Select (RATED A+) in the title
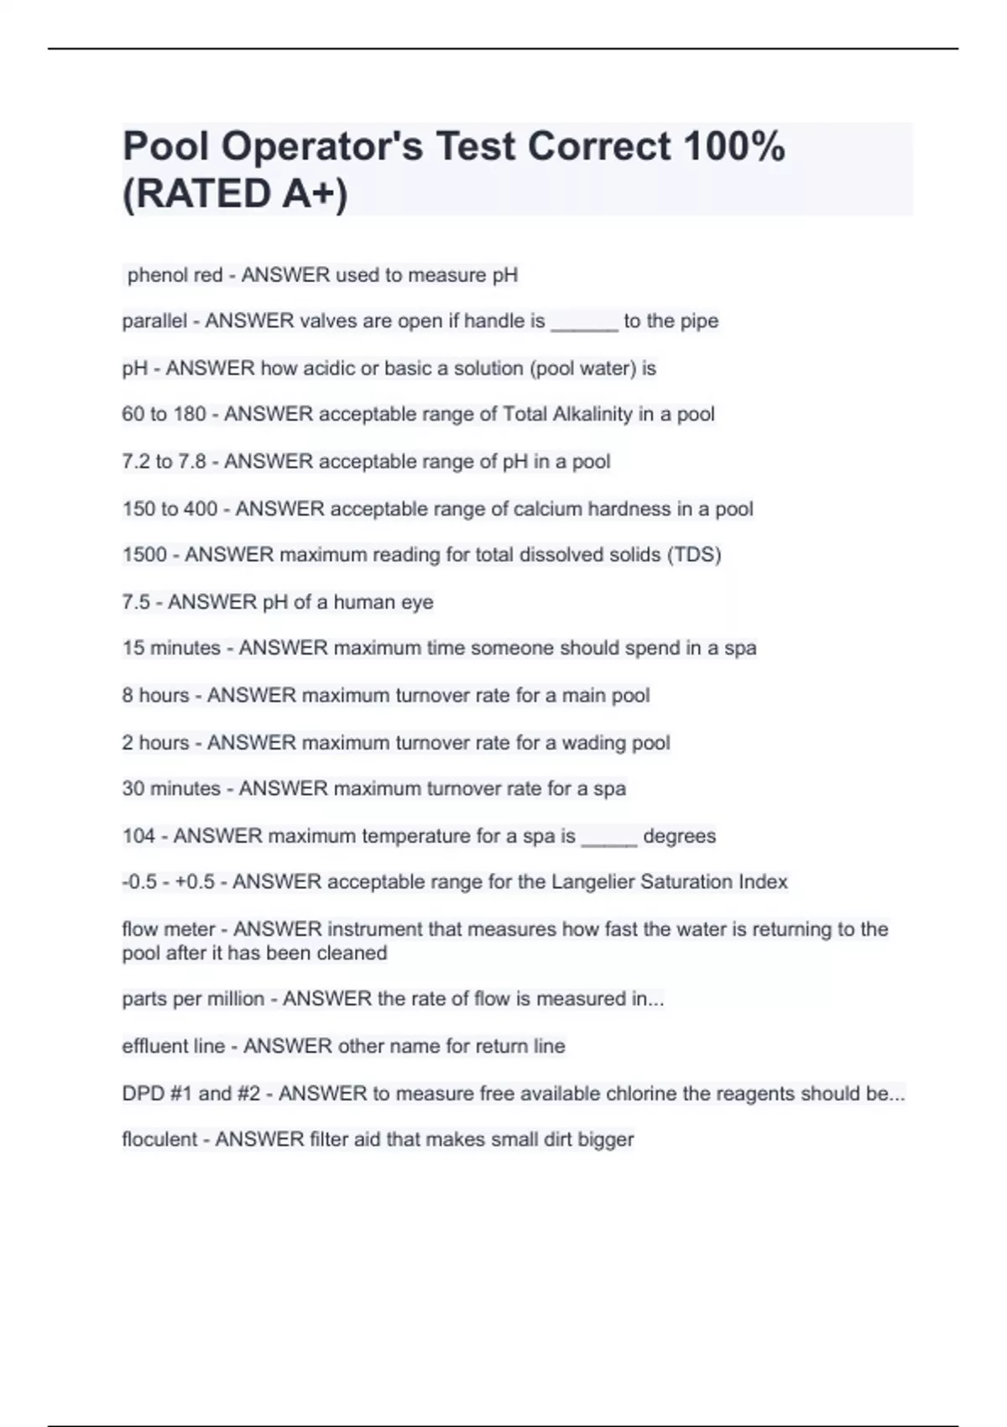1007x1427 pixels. [x=235, y=194]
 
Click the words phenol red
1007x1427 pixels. [x=175, y=275]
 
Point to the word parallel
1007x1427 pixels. [x=154, y=321]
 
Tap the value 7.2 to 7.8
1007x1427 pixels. [x=164, y=462]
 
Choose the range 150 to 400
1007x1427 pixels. [x=170, y=510]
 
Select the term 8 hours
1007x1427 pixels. [x=155, y=696]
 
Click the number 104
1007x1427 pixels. [x=138, y=836]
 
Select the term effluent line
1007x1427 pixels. [x=173, y=1047]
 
